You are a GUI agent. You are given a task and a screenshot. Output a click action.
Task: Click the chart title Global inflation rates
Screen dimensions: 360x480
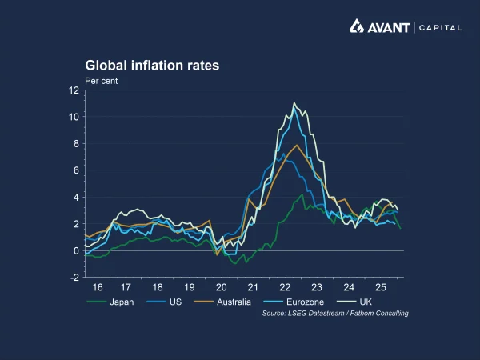(152, 66)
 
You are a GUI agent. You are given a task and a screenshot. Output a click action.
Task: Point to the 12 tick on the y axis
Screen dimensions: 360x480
(74, 90)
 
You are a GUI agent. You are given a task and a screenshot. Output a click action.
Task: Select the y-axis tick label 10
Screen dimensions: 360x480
(74, 117)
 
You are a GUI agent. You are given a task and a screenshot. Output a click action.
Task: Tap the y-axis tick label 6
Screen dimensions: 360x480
(76, 170)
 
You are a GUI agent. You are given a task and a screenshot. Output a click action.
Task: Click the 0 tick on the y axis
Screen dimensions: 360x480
(76, 251)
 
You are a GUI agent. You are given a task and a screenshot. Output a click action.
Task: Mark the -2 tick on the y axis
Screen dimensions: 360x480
(74, 278)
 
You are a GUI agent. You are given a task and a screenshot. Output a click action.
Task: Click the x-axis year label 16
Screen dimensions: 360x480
(98, 287)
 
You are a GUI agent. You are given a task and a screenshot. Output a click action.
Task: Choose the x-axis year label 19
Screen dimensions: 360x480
(189, 287)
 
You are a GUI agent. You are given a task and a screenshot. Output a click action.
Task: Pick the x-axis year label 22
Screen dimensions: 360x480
(285, 287)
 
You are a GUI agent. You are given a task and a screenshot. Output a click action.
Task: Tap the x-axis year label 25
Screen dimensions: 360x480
(380, 287)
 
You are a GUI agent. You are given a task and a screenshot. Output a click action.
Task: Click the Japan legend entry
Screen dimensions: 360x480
(111, 302)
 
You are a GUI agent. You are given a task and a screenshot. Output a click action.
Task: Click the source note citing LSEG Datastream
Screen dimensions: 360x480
(335, 314)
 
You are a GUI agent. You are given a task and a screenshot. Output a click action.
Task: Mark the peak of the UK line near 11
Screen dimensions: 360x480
(294, 103)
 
